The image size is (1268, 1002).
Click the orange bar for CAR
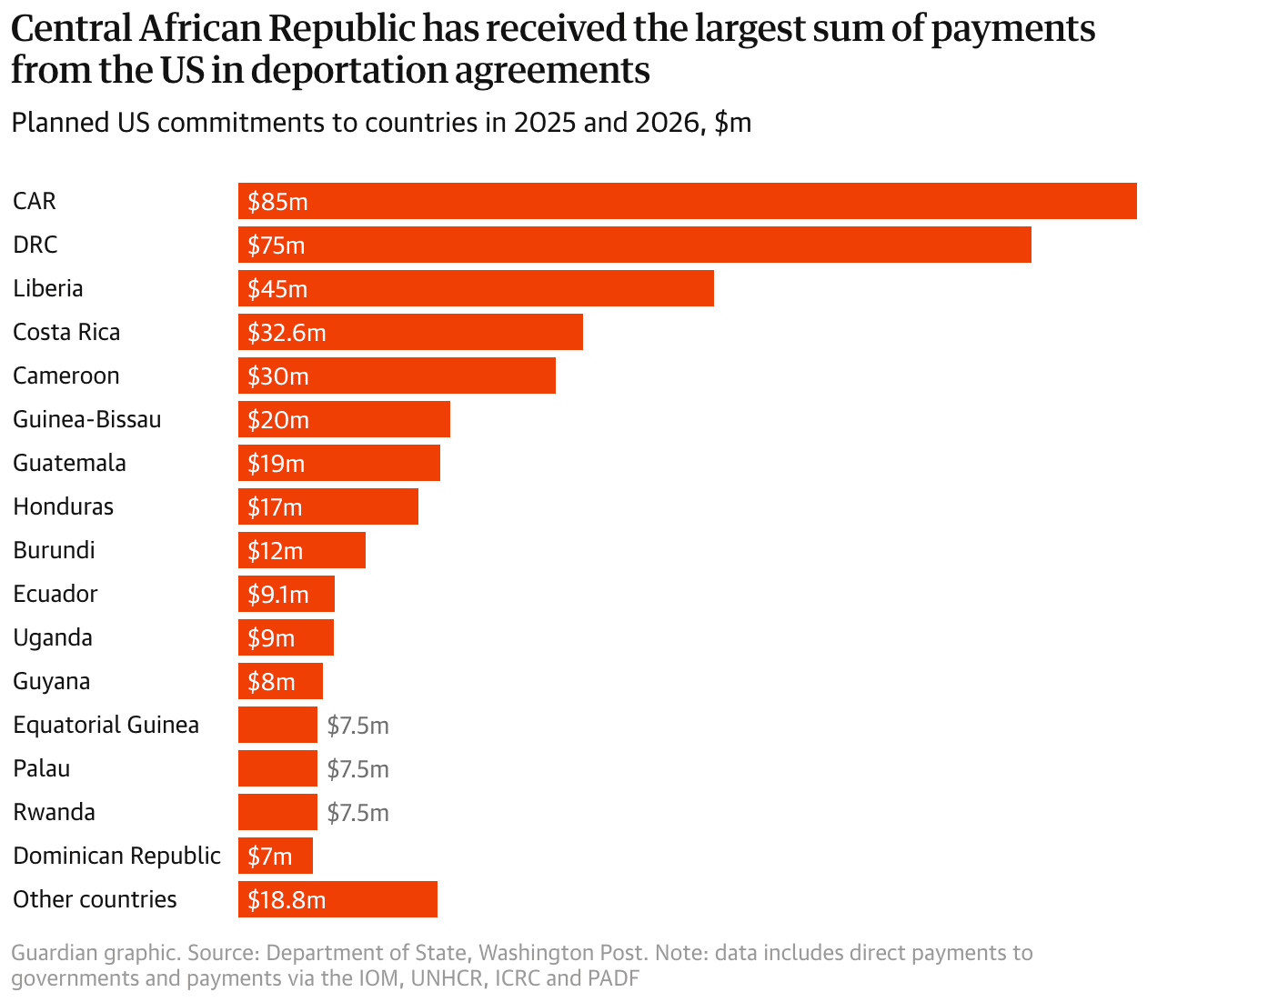coord(687,201)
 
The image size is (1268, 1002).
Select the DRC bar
coord(635,245)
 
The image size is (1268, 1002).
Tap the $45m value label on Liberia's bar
coord(277,288)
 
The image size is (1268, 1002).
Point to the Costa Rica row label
coord(66,332)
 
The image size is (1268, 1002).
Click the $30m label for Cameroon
coord(278,376)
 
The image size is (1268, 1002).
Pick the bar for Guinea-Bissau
coord(344,419)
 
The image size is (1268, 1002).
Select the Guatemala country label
coord(69,463)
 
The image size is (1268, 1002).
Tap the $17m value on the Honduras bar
coord(275,506)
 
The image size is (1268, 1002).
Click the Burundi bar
coord(302,550)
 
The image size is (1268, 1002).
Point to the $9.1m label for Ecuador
coord(278,594)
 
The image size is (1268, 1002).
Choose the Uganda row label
coord(53,638)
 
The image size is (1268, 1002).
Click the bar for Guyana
coord(280,681)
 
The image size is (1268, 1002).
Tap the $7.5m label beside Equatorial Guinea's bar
coord(358,726)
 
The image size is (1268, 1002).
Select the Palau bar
coord(277,768)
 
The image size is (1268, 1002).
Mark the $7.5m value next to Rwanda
coord(358,812)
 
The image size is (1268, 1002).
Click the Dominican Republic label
coord(116,856)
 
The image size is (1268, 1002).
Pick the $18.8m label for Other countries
coord(287,899)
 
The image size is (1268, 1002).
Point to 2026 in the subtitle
coord(669,123)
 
